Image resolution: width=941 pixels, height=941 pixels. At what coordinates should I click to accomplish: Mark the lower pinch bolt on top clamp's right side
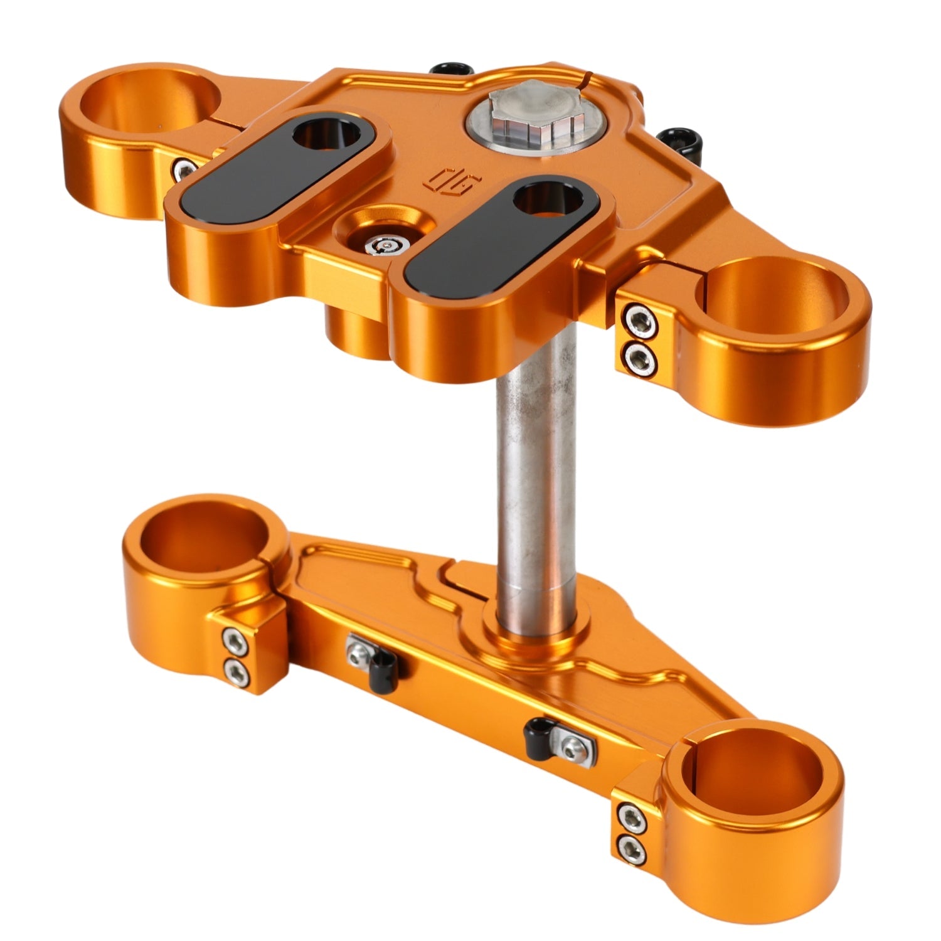(639, 358)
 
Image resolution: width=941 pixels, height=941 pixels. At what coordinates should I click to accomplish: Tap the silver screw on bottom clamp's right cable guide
(570, 745)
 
